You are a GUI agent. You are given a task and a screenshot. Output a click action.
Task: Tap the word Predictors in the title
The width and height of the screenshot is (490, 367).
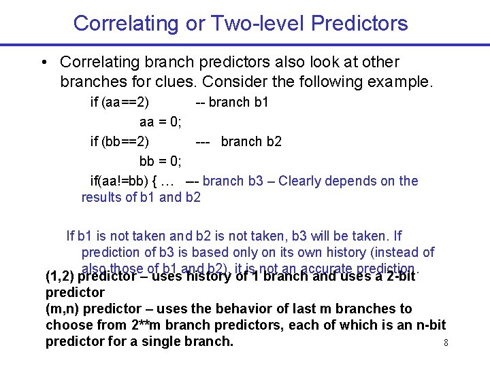point(359,23)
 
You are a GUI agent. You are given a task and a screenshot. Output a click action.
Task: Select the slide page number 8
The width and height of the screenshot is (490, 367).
point(446,343)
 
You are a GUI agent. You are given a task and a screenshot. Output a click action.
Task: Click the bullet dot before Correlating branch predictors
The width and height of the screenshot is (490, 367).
point(44,63)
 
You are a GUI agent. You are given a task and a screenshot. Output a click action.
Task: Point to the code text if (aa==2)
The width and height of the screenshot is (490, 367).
point(120,103)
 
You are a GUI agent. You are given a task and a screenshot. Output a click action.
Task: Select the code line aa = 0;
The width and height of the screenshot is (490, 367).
point(160,122)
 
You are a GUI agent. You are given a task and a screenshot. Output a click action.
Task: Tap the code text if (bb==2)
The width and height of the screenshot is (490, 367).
point(120,142)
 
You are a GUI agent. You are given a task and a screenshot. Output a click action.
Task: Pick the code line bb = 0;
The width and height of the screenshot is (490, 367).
point(160,162)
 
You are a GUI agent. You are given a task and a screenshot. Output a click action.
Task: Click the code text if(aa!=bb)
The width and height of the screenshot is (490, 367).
point(121,181)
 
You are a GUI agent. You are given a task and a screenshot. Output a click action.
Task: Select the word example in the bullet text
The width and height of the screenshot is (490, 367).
point(402,82)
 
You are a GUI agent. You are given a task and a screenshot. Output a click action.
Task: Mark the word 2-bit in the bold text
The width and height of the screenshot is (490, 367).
point(396,277)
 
